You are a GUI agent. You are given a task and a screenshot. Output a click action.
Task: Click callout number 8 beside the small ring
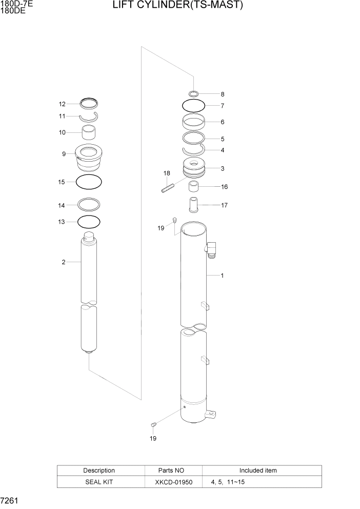click(222, 94)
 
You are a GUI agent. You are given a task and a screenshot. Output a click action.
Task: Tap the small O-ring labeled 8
click(194, 94)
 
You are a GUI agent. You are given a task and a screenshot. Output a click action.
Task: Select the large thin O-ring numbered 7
click(194, 106)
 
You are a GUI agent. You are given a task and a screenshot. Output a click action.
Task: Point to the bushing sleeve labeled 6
click(194, 123)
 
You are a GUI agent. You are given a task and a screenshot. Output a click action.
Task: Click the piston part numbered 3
click(194, 169)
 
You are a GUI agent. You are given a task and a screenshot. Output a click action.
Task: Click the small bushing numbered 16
click(194, 186)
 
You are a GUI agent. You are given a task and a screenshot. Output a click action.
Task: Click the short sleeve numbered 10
click(90, 133)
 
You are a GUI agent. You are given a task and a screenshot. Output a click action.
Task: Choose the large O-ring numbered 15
click(89, 182)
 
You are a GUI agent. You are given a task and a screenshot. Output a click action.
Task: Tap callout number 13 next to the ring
click(62, 222)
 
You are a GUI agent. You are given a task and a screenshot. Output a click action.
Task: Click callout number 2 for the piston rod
click(63, 262)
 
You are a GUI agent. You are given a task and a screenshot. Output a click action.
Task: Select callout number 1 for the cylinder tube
click(222, 276)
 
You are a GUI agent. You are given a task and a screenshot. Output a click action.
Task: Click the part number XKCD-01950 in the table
click(173, 483)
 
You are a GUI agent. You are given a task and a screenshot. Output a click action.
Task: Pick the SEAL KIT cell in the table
click(99, 483)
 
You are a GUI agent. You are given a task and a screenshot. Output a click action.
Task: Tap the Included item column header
click(258, 471)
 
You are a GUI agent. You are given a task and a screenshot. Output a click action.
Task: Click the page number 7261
click(10, 500)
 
